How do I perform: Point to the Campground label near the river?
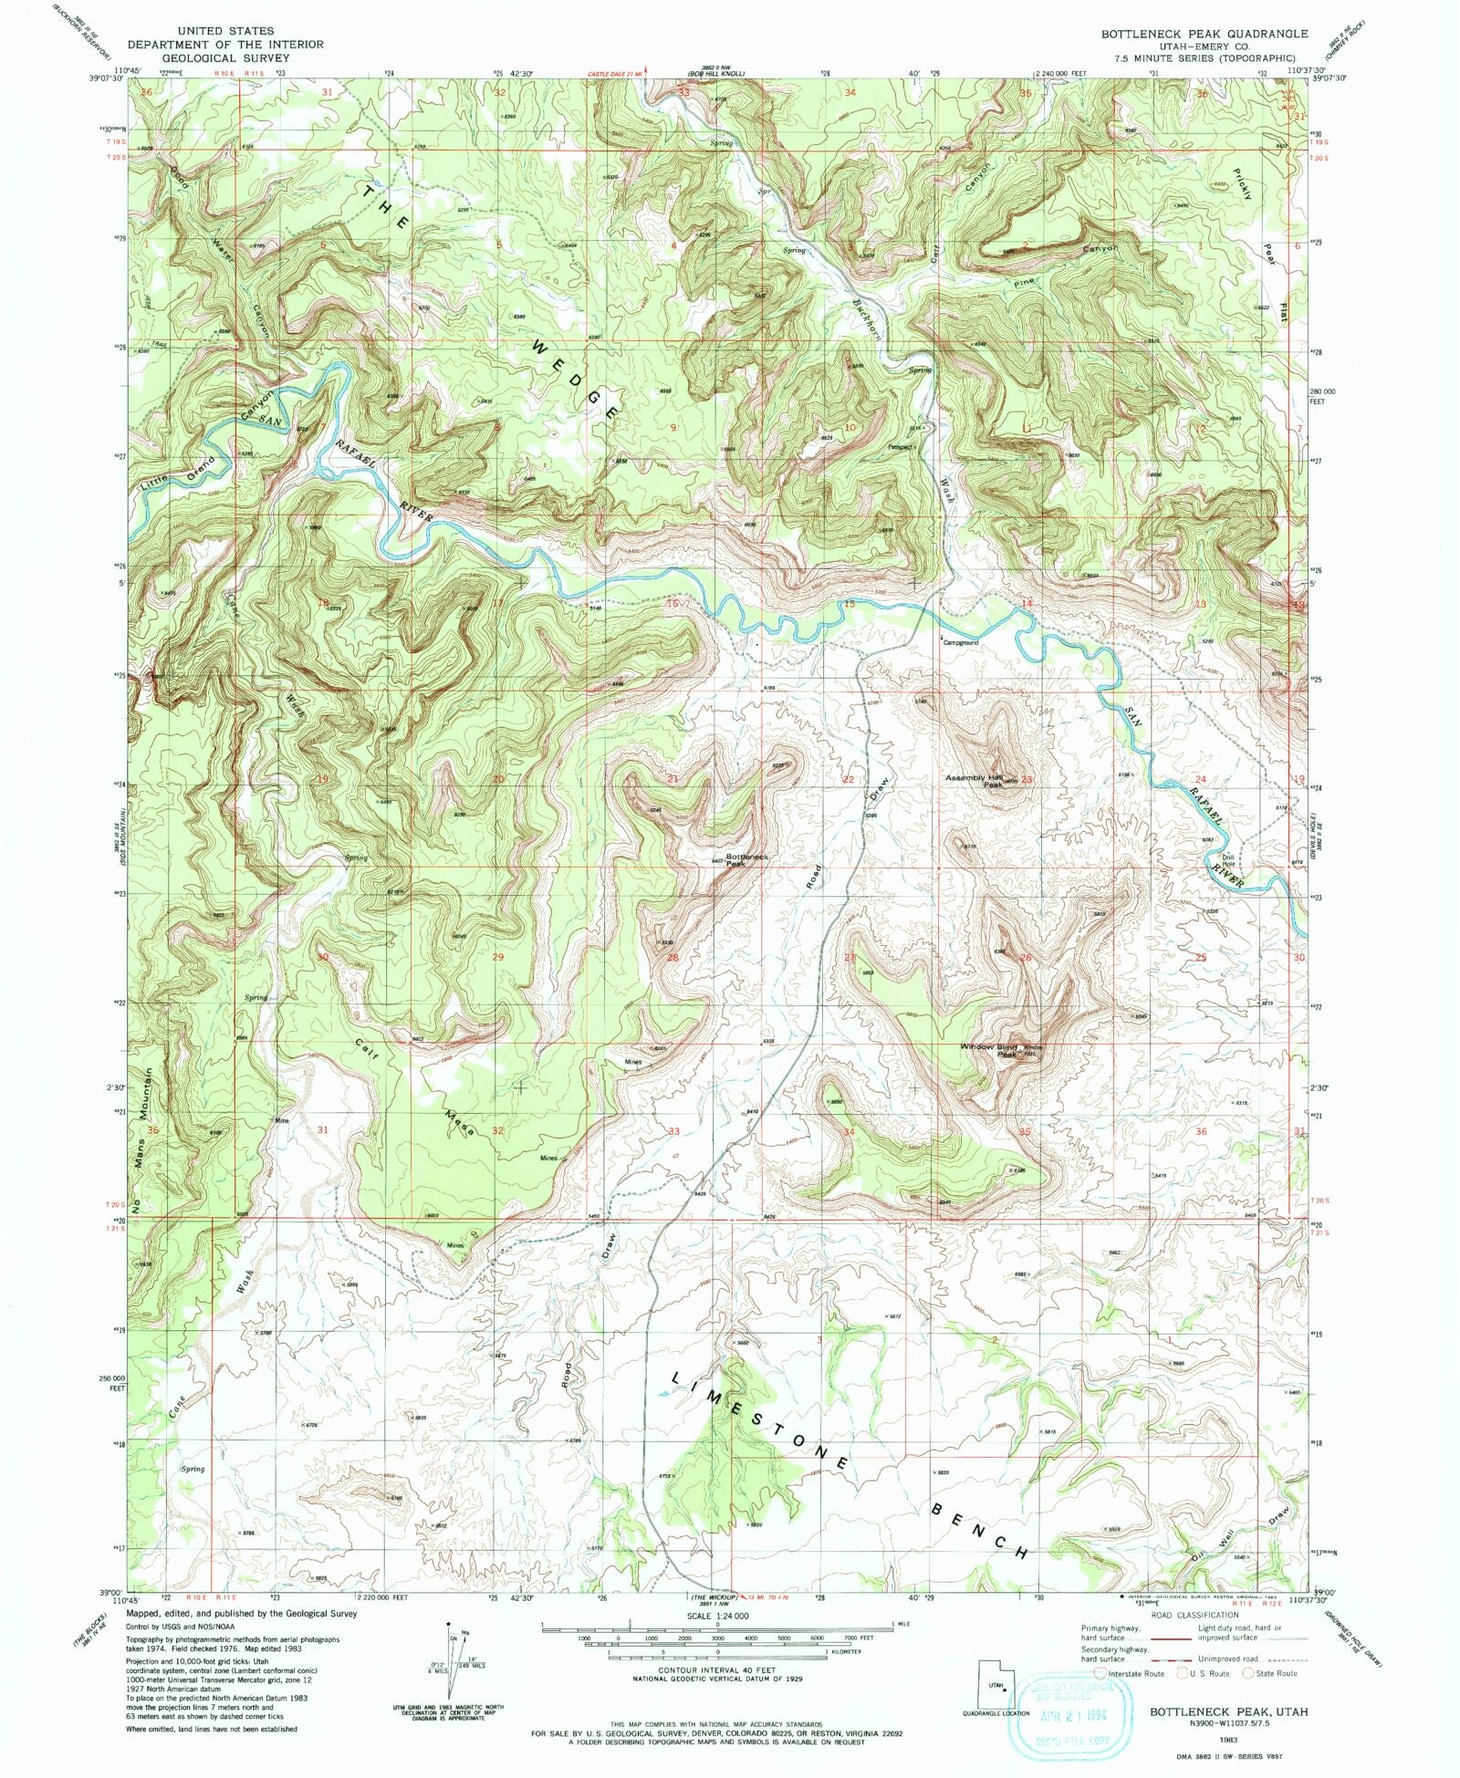pos(961,642)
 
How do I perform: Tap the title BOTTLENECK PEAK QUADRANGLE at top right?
pos(1204,33)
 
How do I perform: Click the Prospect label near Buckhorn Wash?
pos(902,447)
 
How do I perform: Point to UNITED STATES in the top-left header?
pos(225,31)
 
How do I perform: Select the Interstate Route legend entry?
pos(1131,1673)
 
